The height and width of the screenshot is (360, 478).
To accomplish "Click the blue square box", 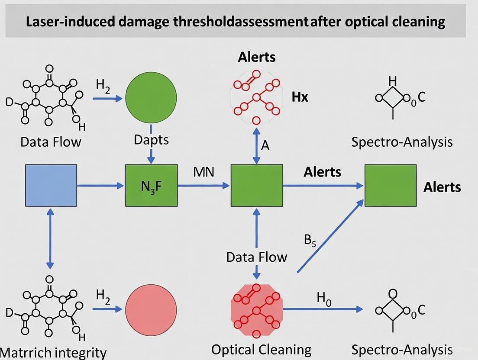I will coord(51,185).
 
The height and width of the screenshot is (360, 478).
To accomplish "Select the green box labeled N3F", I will coord(151,185).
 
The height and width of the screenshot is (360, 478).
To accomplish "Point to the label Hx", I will coord(300,97).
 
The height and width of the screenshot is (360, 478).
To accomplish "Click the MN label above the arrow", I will coord(203,172).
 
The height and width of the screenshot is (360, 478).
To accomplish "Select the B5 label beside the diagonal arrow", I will coord(310,241).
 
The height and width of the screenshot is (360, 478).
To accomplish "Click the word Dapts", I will coord(151,140).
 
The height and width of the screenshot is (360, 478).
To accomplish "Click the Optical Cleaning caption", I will coord(261,350).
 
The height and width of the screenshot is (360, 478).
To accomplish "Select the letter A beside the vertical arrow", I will coord(265,145).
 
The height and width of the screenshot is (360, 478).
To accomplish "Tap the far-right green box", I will coord(390,185).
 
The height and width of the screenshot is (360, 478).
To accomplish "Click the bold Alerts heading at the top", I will coord(256,57).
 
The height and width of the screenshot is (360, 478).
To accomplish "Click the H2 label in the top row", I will coord(103,85).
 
